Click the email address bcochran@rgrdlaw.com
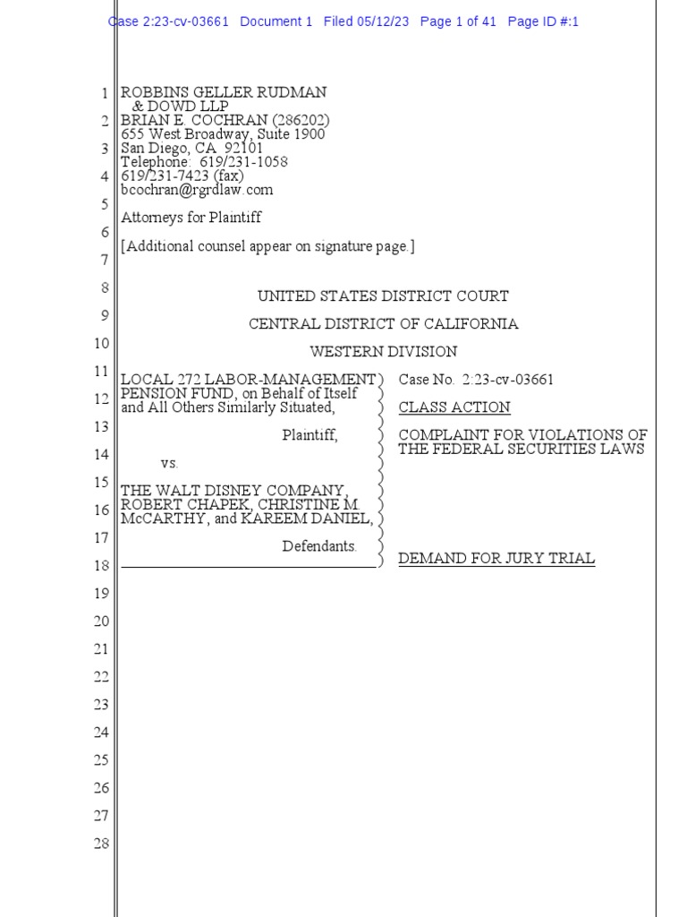[197, 190]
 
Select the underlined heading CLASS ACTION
[454, 407]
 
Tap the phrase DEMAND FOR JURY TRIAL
[496, 559]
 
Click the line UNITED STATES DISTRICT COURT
[383, 296]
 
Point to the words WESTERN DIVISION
[383, 352]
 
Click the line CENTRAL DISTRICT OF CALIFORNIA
[383, 324]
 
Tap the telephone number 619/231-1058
[243, 162]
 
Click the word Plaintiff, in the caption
[310, 436]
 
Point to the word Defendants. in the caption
[319, 546]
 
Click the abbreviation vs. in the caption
[170, 464]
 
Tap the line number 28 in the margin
[101, 844]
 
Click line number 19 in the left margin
[101, 594]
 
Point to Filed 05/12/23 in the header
[367, 21]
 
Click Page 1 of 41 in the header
[458, 21]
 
